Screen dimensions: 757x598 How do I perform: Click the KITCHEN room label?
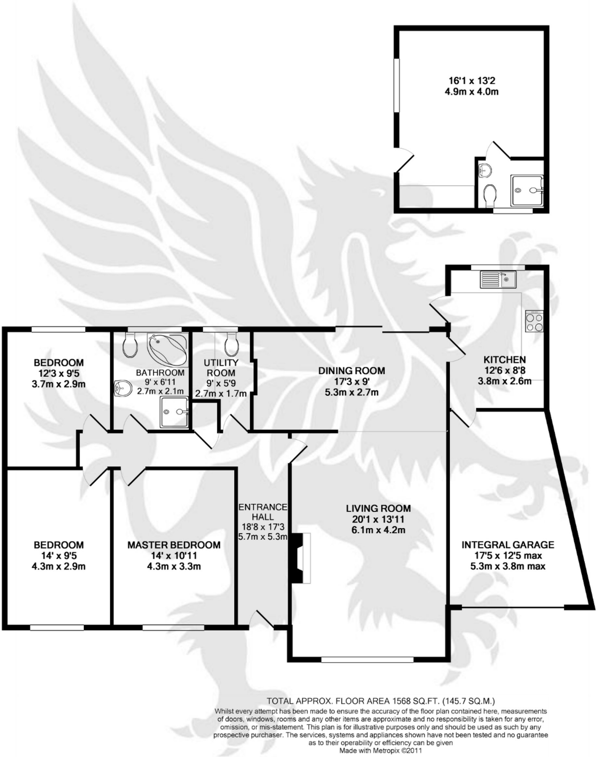(x=504, y=359)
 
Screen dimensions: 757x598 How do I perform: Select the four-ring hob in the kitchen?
(x=534, y=321)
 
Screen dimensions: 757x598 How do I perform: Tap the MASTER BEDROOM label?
(x=174, y=545)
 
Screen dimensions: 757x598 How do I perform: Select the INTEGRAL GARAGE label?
(x=508, y=544)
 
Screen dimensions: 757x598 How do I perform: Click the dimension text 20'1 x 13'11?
(x=378, y=519)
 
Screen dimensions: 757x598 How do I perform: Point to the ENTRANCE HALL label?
(x=263, y=512)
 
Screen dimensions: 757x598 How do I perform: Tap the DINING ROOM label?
(x=352, y=370)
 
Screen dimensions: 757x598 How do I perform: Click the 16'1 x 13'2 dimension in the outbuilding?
(x=472, y=80)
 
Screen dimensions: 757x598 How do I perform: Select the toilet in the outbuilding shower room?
(x=490, y=195)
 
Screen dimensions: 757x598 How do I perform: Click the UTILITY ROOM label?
(x=221, y=367)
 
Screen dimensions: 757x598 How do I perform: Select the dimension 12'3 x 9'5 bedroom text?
(x=58, y=373)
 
